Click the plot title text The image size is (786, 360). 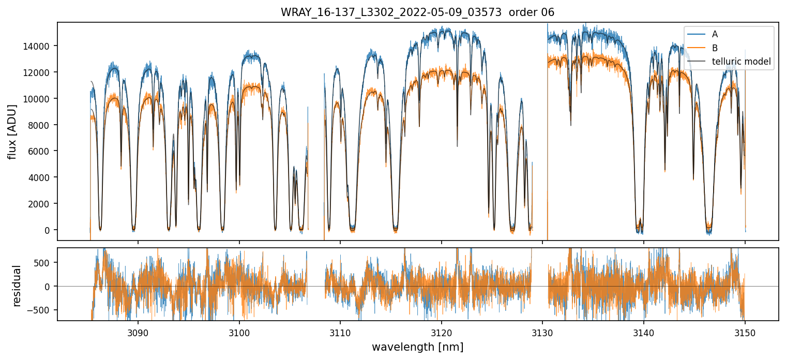point(417,12)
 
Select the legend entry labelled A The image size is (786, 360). point(715,34)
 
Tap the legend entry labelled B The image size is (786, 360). point(715,48)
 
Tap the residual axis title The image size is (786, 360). point(17,285)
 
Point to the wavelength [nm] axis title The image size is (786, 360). point(417,347)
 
